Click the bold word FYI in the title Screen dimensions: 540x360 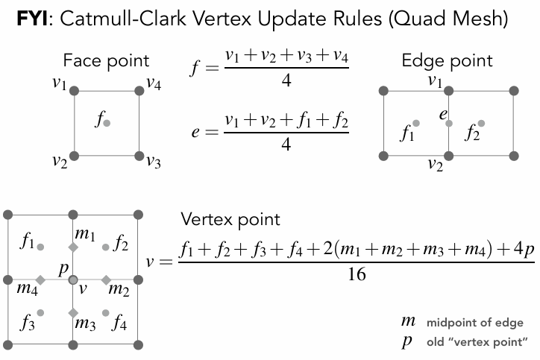tap(32, 18)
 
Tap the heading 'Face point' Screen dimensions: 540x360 tap(106, 61)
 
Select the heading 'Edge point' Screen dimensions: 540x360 tap(447, 61)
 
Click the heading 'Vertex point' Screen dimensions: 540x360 tap(230, 220)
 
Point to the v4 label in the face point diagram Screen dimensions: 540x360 tap(154, 83)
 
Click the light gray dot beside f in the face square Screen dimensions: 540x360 tap(107, 123)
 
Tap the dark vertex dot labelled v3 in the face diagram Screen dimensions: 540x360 tap(139, 156)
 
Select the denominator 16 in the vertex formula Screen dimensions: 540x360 tap(357, 274)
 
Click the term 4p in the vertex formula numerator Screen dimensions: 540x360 tap(524, 248)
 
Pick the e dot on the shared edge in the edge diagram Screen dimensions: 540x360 tap(449, 123)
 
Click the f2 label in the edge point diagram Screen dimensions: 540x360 tap(472, 133)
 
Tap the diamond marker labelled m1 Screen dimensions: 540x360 tap(73, 247)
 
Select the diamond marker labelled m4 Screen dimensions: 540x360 tap(40, 280)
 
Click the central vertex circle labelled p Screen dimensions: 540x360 tap(73, 280)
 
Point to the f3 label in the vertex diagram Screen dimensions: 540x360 tap(28, 323)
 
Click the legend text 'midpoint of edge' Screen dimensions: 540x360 tap(475, 323)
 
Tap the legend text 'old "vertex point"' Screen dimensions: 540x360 tap(477, 342)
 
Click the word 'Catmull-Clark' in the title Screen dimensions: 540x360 tap(123, 18)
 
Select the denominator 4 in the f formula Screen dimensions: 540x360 tap(286, 80)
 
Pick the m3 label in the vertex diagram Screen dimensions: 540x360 tap(85, 324)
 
